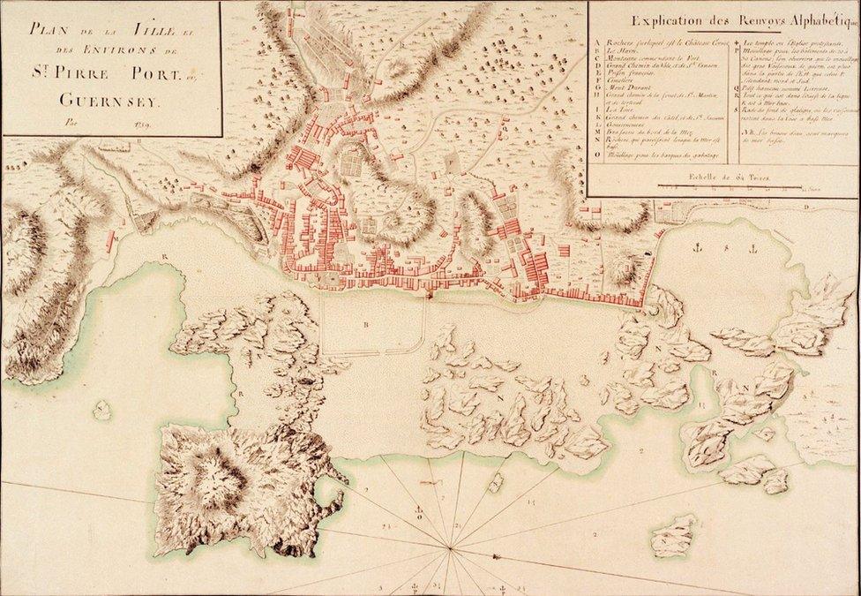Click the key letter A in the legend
(x=599, y=42)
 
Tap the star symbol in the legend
(x=737, y=42)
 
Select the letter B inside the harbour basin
(x=365, y=324)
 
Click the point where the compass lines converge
(x=451, y=549)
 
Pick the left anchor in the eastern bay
(x=697, y=247)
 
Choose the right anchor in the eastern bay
(x=753, y=248)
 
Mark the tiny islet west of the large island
(x=102, y=410)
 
